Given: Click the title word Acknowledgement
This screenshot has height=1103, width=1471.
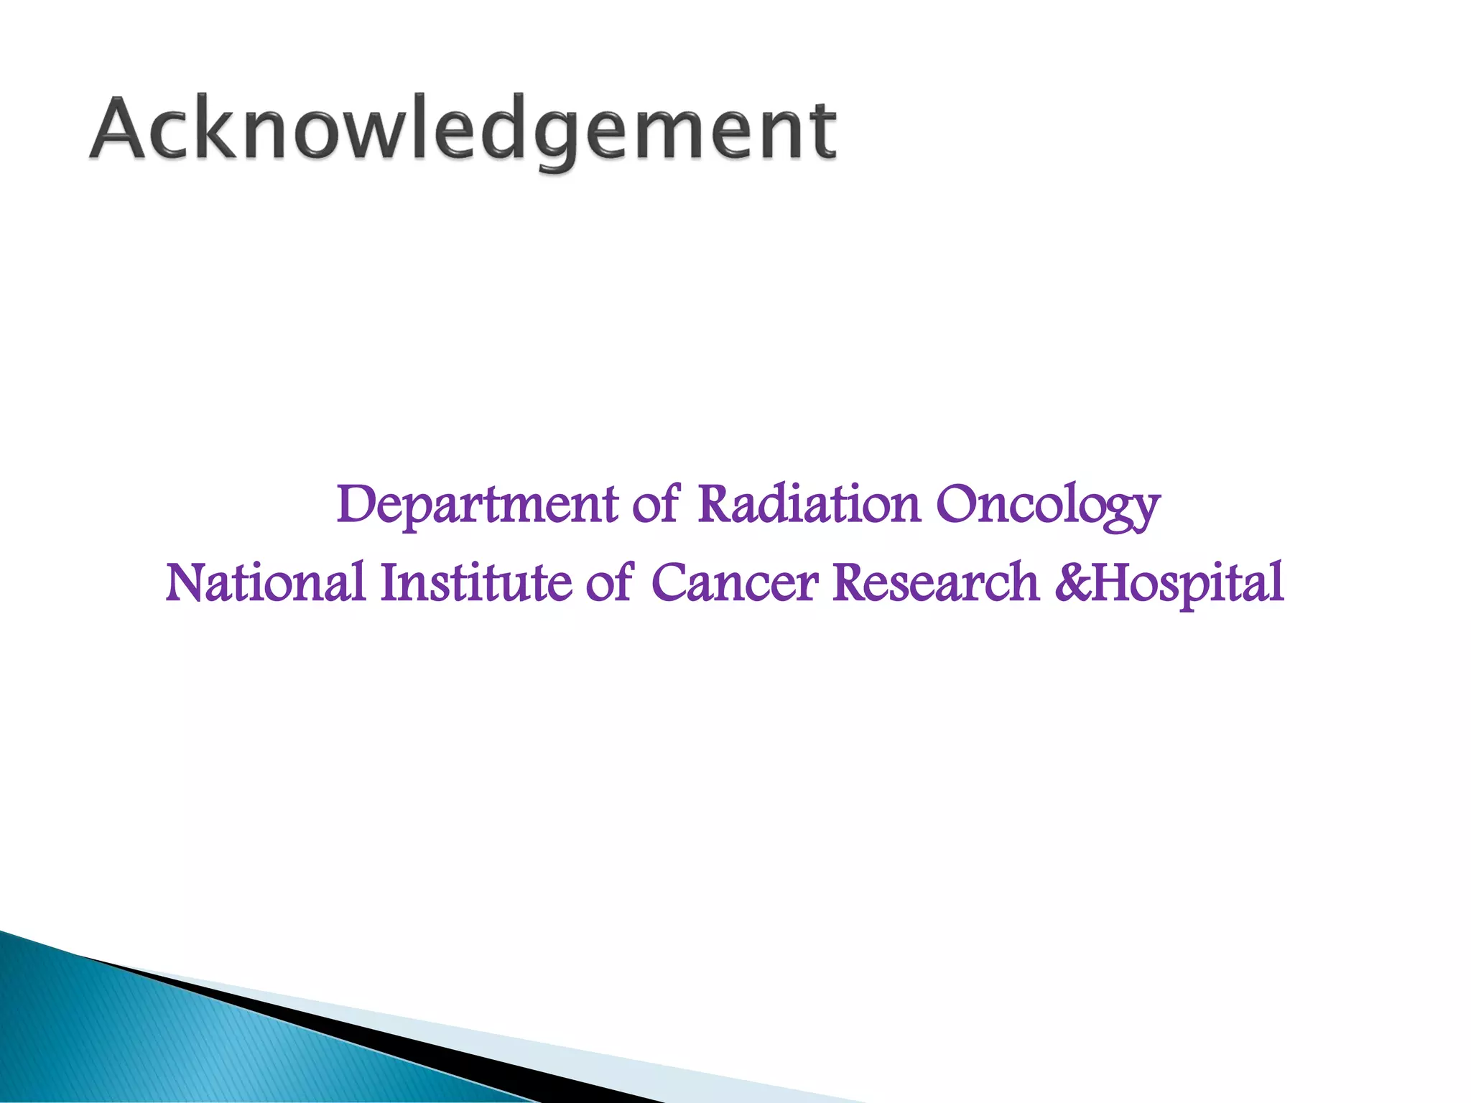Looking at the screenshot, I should [463, 129].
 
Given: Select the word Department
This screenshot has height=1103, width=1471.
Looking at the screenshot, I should [477, 505].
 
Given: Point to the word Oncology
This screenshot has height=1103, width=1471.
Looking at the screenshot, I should [1048, 505].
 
